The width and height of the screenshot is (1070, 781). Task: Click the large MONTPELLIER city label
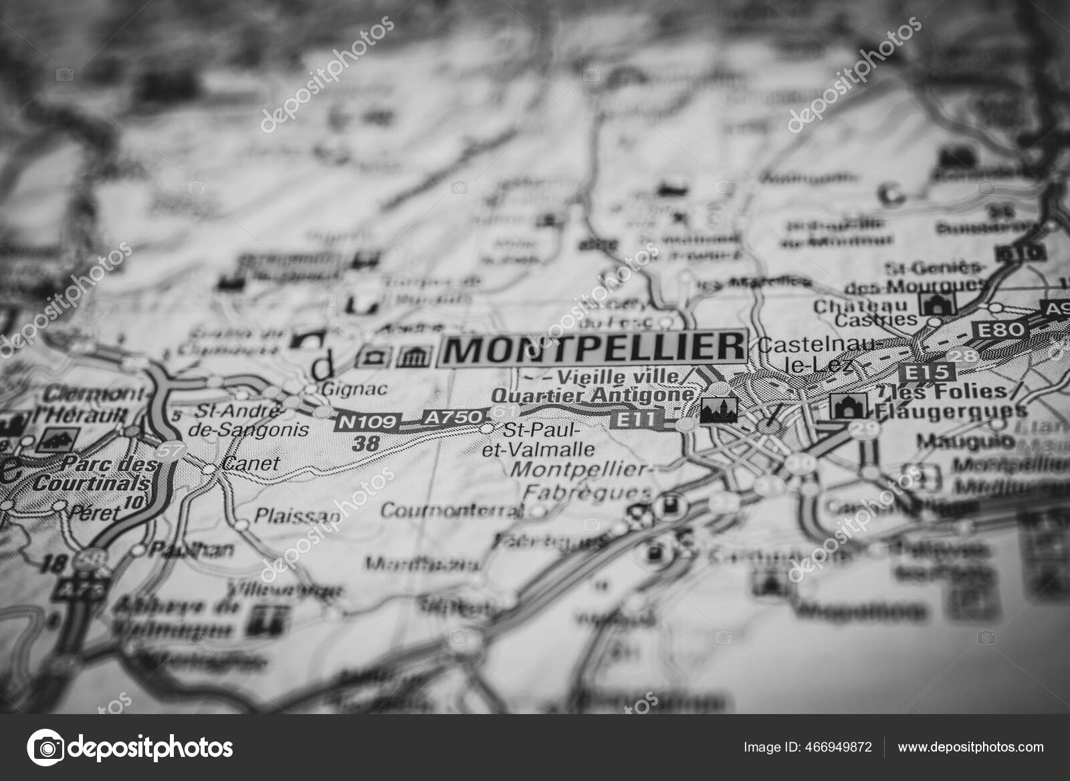[593, 349]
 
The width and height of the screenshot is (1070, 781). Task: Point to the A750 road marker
[451, 418]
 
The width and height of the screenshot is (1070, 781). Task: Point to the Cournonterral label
[461, 511]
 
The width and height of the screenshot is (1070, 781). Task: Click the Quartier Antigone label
[592, 396]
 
